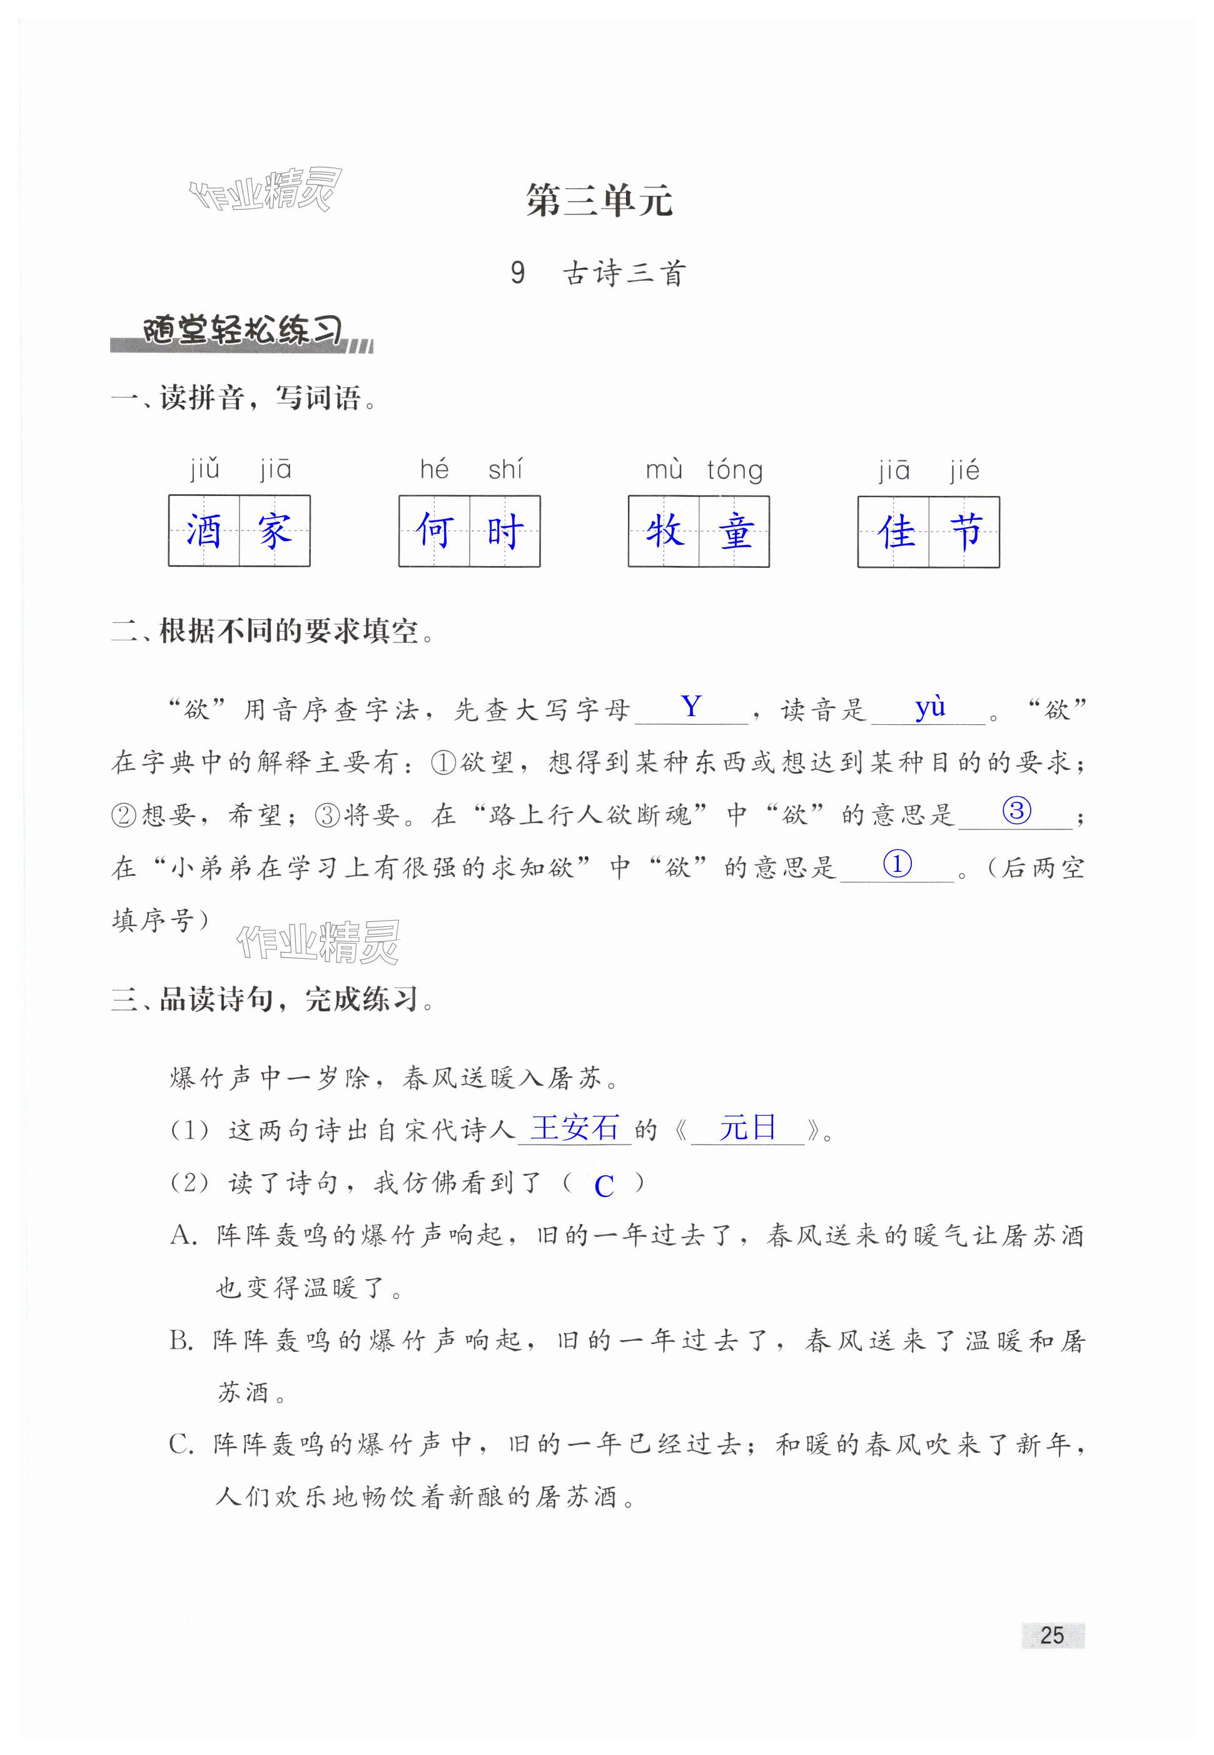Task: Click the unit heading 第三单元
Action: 599,201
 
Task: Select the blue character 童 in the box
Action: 736,531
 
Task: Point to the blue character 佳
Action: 894,531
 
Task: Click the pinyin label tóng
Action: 734,470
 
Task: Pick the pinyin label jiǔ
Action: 205,468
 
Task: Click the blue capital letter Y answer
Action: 690,707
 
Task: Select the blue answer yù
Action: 929,707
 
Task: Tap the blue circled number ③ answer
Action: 1016,811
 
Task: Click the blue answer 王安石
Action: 574,1128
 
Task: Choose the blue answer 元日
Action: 747,1128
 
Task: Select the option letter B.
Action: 181,1341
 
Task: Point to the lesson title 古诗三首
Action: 624,274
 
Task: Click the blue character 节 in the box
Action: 966,531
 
